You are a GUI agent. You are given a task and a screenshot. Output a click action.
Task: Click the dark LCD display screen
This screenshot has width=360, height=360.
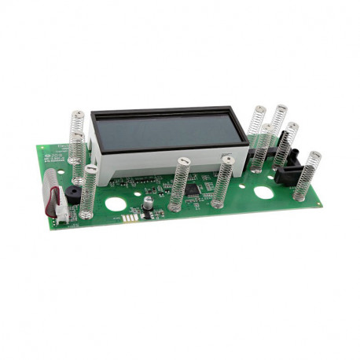click(169, 130)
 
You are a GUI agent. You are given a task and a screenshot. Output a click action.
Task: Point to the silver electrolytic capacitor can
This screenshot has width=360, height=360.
click(147, 203)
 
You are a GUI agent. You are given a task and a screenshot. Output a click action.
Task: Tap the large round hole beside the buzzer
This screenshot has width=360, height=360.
click(115, 204)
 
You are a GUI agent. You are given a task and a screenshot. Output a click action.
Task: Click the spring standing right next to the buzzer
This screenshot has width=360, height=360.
click(88, 192)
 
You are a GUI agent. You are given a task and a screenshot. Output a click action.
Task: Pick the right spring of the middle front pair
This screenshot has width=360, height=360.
click(223, 181)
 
